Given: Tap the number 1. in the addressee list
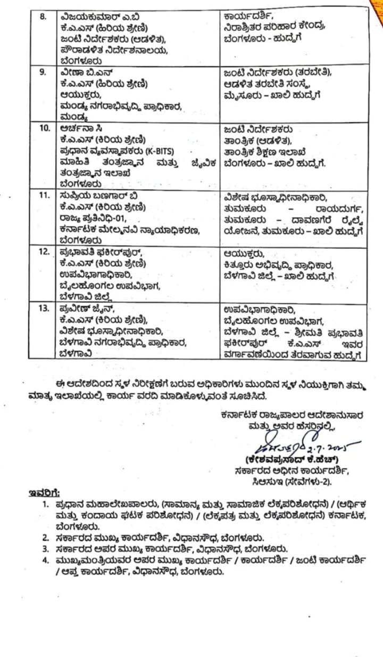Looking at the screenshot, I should (47, 504).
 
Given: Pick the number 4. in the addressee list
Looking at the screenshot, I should (46, 560).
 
